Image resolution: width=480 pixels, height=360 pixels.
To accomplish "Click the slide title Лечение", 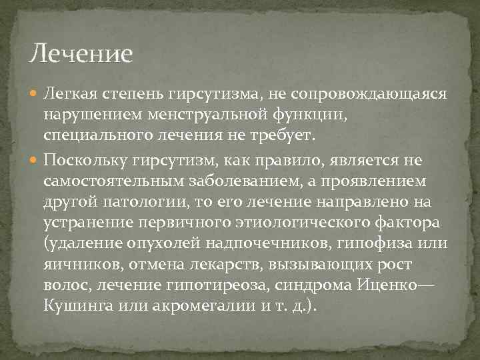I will click(82, 53).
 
